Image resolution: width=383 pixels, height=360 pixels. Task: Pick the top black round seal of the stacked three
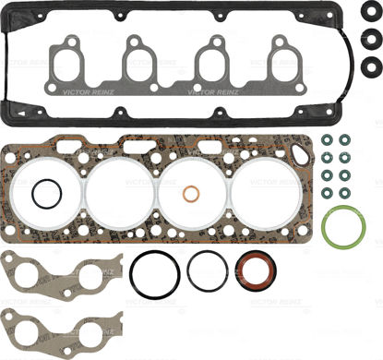pos(367,14)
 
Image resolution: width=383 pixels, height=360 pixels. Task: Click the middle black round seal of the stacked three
pos(367,40)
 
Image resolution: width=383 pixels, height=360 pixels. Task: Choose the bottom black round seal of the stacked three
pos(367,66)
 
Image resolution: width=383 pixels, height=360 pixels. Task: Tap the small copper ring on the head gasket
pos(192,196)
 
